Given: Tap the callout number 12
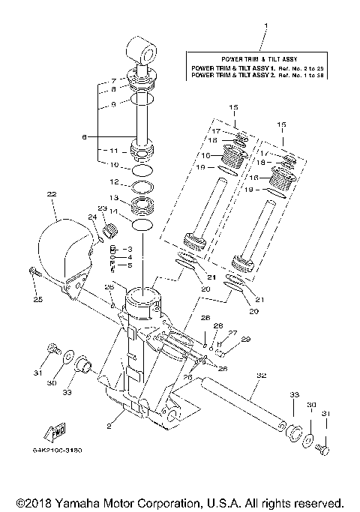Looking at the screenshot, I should pyautogui.click(x=115, y=182).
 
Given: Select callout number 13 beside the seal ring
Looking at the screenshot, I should pyautogui.click(x=115, y=198).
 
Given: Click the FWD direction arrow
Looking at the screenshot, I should pyautogui.click(x=57, y=433).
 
